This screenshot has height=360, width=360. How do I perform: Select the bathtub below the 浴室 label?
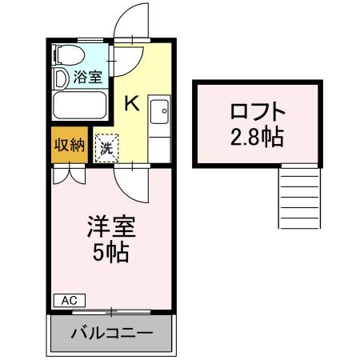point(78,105)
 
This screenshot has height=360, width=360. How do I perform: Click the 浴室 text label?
point(87,78)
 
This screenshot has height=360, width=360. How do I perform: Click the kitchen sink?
point(158,110)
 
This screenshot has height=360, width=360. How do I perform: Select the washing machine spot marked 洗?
point(106,147)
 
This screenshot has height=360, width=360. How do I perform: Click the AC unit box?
point(69,300)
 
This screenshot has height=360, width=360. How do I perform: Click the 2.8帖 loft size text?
point(255,137)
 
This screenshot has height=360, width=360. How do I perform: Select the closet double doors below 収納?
point(68,174)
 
